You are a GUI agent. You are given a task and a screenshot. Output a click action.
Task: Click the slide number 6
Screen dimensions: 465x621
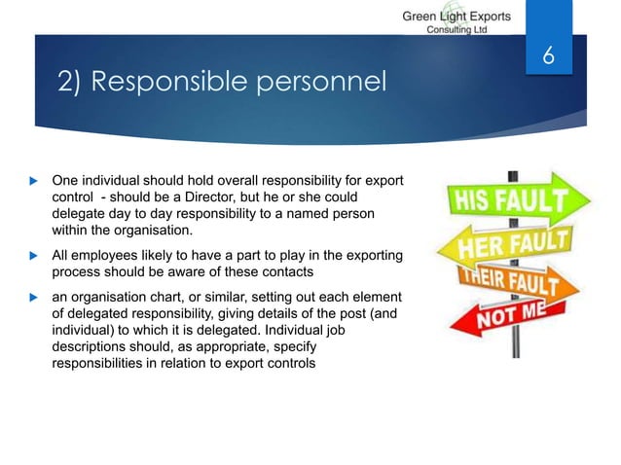click(547, 58)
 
